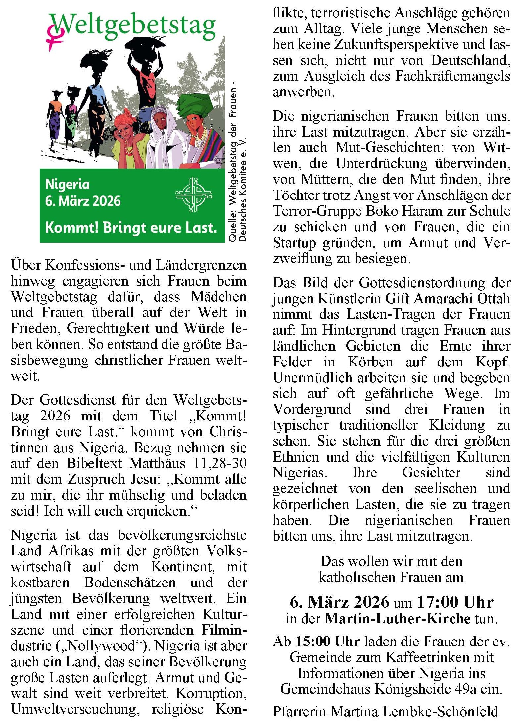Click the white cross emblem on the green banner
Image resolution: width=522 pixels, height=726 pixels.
(193, 195)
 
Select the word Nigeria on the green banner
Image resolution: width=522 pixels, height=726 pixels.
(67, 184)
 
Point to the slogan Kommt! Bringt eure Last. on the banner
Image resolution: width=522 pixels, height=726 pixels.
(131, 228)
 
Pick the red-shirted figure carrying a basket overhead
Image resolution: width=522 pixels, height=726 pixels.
(146, 80)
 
